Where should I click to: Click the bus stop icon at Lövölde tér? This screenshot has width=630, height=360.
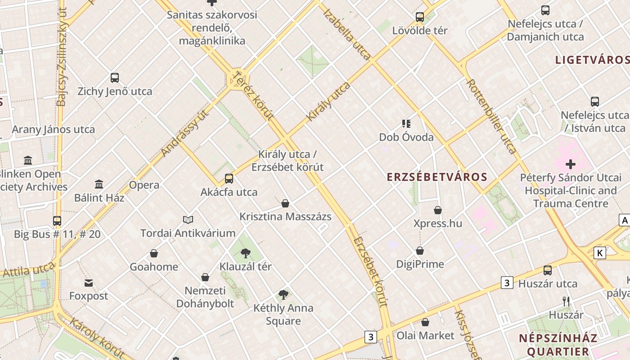420,17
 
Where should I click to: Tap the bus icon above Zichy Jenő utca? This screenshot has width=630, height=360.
115,78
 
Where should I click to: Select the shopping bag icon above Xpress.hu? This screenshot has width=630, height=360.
438,210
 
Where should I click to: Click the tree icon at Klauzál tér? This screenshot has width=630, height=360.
245,253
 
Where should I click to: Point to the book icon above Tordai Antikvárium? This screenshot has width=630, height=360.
188,220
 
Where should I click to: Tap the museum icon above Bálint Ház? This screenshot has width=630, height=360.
99,184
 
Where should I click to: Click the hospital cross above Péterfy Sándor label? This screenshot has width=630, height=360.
571,164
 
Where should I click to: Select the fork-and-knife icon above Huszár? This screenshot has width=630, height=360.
566,301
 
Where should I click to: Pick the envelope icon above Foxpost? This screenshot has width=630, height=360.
89,283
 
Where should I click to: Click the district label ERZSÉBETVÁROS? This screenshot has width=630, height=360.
437,177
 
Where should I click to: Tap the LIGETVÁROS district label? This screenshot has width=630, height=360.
592,60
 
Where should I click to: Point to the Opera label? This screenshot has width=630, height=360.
144,185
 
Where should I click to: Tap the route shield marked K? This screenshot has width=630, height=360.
599,253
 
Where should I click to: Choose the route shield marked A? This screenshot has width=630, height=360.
624,220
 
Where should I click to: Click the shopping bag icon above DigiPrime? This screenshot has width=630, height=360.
420,251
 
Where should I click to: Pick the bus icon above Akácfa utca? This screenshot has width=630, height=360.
229,179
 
